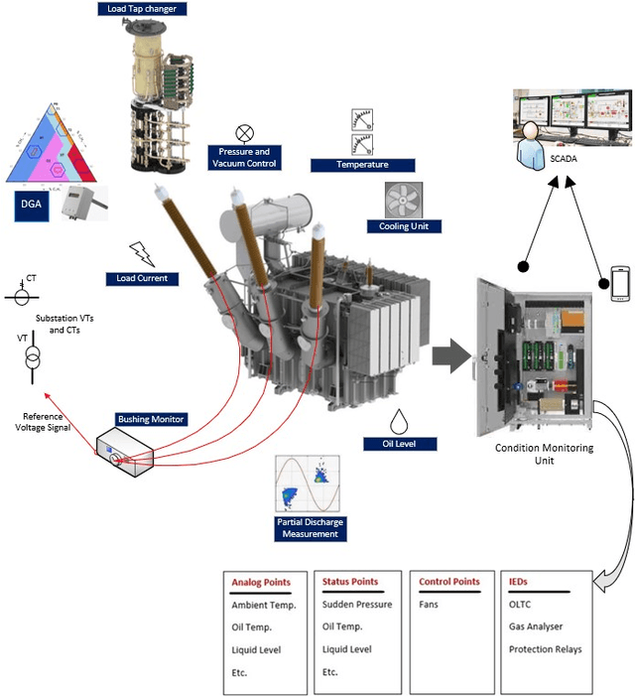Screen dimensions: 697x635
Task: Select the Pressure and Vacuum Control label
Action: [243, 157]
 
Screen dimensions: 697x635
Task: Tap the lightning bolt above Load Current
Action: [143, 254]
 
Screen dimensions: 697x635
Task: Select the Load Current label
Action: [142, 278]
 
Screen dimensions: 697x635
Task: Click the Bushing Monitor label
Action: [152, 419]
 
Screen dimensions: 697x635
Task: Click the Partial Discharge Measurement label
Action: [310, 527]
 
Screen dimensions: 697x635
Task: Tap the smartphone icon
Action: [620, 284]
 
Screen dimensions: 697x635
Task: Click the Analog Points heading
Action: [258, 582]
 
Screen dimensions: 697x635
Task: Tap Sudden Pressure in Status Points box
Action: [357, 604]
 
